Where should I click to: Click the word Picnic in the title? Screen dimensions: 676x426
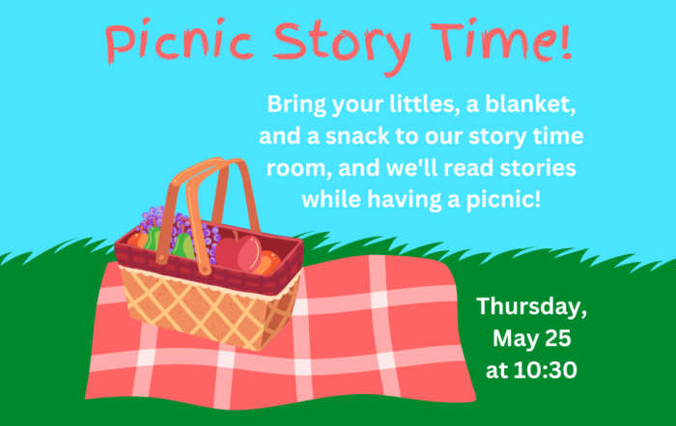pyautogui.click(x=179, y=40)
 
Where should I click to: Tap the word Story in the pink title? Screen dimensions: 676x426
pyautogui.click(x=342, y=45)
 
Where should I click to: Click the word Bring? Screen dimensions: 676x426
pyautogui.click(x=296, y=105)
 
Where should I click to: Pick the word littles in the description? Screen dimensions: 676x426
pyautogui.click(x=424, y=104)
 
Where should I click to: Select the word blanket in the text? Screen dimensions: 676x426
pyautogui.click(x=530, y=104)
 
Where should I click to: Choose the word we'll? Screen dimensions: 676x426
pyautogui.click(x=411, y=168)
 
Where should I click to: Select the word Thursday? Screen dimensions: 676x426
pyautogui.click(x=531, y=306)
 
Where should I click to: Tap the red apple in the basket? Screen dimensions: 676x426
pyautogui.click(x=239, y=253)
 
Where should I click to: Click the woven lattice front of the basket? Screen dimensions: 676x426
pyautogui.click(x=207, y=309)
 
